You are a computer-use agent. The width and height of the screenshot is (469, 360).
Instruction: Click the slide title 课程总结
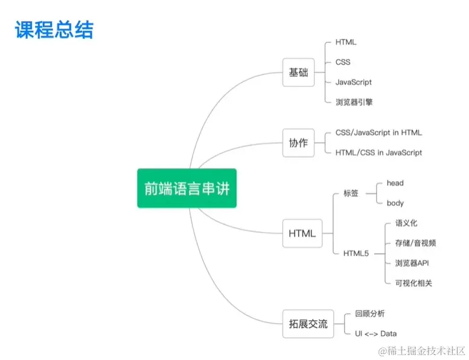(x=54, y=30)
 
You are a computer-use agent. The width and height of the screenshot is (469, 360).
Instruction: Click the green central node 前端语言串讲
(x=187, y=188)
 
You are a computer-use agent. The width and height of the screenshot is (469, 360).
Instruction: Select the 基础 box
(x=298, y=72)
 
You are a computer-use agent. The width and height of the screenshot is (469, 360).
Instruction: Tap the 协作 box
(x=298, y=143)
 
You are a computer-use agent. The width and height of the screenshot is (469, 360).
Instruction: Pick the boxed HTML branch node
(x=302, y=233)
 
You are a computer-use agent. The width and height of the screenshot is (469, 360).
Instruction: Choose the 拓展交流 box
(x=307, y=324)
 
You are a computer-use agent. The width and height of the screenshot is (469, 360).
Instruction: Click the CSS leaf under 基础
(x=343, y=62)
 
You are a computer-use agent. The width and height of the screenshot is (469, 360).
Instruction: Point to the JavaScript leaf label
(x=354, y=82)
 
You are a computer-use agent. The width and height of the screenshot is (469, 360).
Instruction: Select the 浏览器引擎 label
(x=354, y=102)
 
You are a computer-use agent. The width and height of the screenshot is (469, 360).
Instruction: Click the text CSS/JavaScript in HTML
(x=378, y=133)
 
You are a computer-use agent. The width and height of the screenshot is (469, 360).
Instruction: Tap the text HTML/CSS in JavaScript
(x=378, y=153)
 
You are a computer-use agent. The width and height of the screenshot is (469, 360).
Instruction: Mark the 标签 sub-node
(x=351, y=193)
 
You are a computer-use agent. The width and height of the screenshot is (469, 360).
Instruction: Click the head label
(x=395, y=183)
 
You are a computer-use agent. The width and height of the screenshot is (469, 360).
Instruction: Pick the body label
(x=395, y=204)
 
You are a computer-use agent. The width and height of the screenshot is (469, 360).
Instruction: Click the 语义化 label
(x=406, y=223)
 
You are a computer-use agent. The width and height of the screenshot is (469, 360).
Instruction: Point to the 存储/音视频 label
(x=415, y=243)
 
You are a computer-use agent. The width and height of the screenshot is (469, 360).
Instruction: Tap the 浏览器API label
(x=412, y=263)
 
